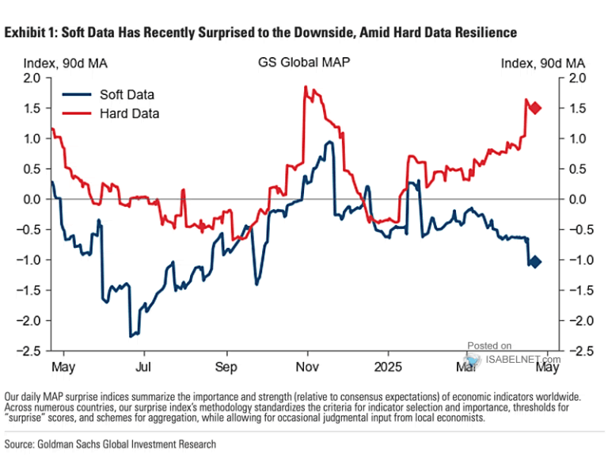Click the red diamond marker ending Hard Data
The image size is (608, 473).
[x=535, y=109]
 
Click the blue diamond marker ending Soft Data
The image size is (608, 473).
[x=535, y=262]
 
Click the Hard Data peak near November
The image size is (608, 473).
[x=306, y=87]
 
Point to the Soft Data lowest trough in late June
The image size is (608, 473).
[x=131, y=337]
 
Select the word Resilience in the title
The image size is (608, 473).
[x=486, y=32]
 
